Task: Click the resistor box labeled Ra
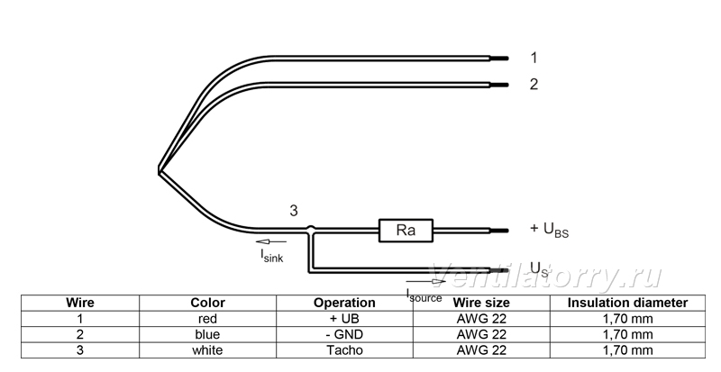[x=406, y=231]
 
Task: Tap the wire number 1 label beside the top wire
[x=534, y=58]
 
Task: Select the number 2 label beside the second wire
[x=534, y=84]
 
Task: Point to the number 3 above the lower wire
[x=294, y=211]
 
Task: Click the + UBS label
[x=549, y=230]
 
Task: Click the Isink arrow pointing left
[x=271, y=241]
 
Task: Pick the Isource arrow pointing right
[x=425, y=281]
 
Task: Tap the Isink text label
[x=272, y=256]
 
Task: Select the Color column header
[x=208, y=303]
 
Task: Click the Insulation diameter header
[x=627, y=303]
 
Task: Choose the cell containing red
[x=207, y=319]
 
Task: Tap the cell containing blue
[x=207, y=334]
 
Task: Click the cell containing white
[x=207, y=349]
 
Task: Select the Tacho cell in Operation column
[x=344, y=349]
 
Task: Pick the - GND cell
[x=344, y=334]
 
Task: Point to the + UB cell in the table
[x=344, y=319]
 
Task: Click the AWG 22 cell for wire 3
[x=481, y=349]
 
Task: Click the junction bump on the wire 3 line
[x=311, y=228]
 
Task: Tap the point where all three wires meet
[x=160, y=170]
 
